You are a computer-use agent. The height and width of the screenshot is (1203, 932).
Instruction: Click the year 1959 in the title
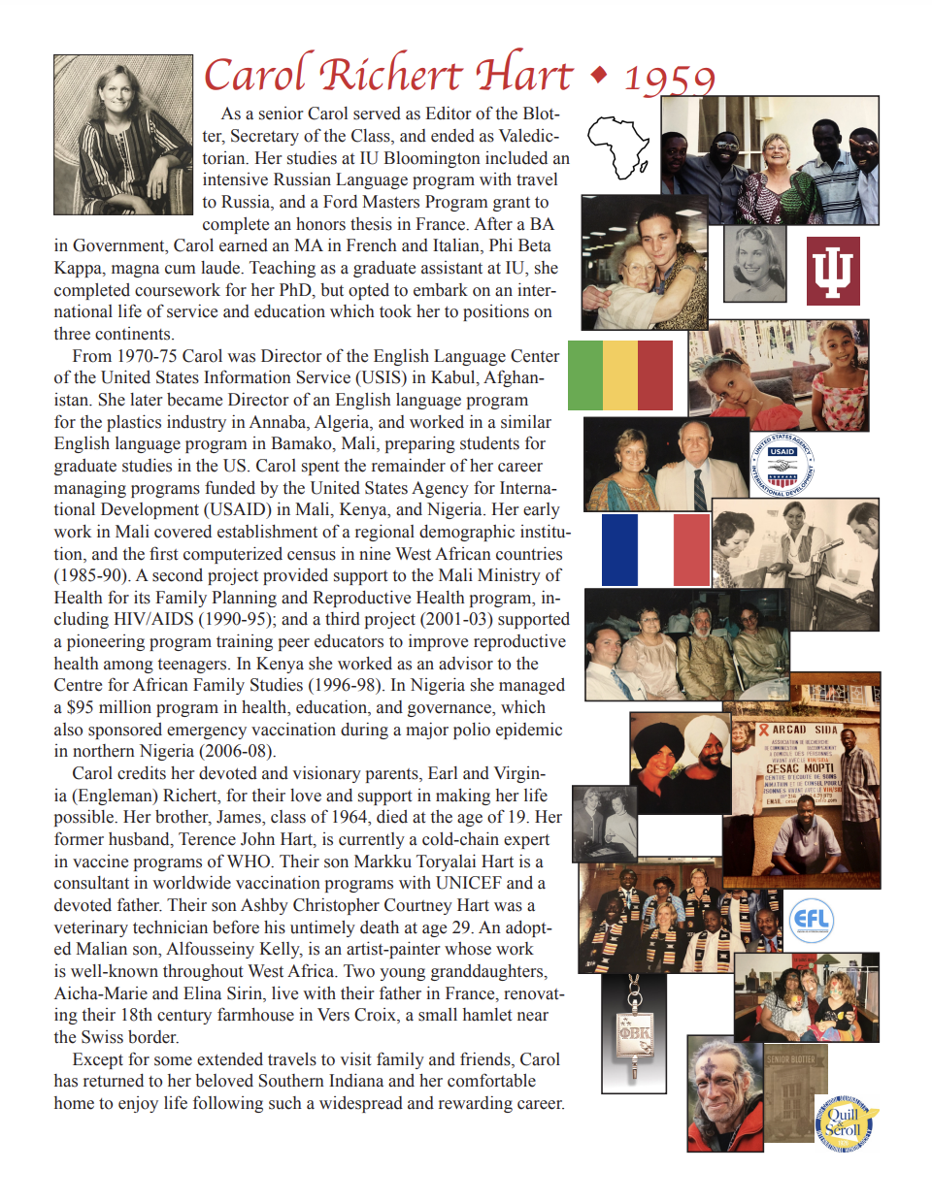[x=670, y=79]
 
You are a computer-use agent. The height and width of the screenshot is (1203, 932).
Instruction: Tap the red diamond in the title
[x=599, y=74]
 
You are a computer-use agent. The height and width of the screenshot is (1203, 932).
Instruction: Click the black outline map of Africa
[x=618, y=146]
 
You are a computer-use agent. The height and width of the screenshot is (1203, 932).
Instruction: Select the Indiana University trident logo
[x=833, y=272]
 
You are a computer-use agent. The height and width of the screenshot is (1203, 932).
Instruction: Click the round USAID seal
[x=782, y=465]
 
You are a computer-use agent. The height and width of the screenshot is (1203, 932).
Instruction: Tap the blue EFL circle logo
[x=811, y=920]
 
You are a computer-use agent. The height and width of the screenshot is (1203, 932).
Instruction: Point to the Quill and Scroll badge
[x=844, y=1123]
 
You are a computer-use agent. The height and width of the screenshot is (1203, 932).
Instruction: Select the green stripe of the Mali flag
[x=584, y=374]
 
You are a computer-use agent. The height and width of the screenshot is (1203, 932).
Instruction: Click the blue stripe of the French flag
[x=619, y=550]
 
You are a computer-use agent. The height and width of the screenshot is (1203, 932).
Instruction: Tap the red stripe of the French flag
[x=691, y=550]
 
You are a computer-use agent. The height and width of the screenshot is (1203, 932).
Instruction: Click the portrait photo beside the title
[x=123, y=135]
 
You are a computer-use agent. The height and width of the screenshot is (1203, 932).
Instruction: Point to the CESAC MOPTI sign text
[x=799, y=767]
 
